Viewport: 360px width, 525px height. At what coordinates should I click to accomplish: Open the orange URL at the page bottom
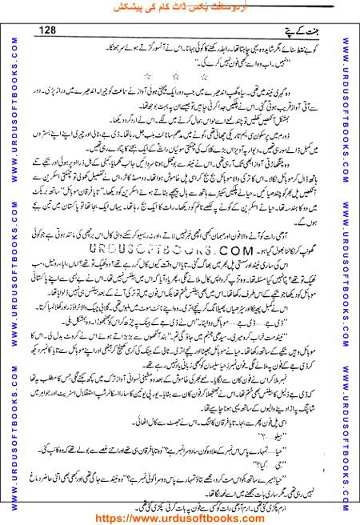pos(180,517)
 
